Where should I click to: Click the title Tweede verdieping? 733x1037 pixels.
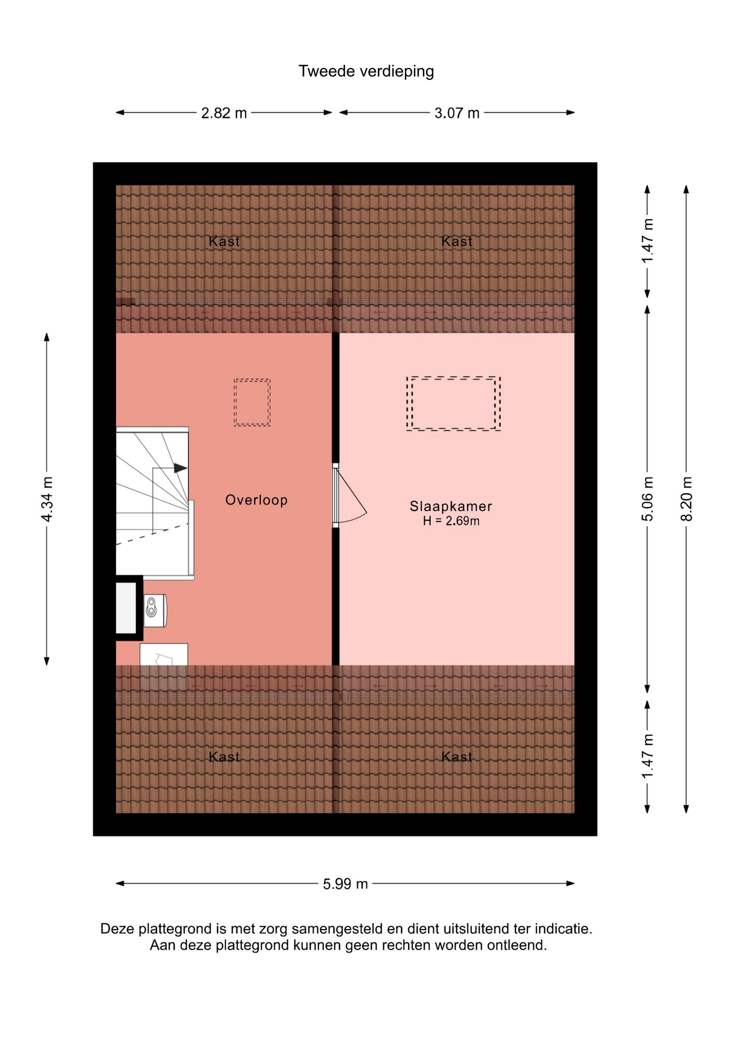pyautogui.click(x=366, y=71)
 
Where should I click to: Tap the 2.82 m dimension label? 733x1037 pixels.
pyautogui.click(x=224, y=113)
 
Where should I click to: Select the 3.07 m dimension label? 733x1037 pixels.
pyautogui.click(x=457, y=113)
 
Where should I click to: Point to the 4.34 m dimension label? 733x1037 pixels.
pyautogui.click(x=47, y=500)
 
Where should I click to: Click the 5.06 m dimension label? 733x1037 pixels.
pyautogui.click(x=648, y=499)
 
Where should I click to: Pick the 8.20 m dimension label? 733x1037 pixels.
pyautogui.click(x=687, y=499)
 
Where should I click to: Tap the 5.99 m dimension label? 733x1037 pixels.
pyautogui.click(x=345, y=884)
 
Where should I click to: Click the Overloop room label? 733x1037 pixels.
pyautogui.click(x=256, y=500)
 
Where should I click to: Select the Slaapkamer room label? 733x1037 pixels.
pyautogui.click(x=451, y=506)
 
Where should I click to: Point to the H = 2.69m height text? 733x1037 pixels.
pyautogui.click(x=451, y=521)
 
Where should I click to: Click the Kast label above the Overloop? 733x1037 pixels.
pyautogui.click(x=224, y=241)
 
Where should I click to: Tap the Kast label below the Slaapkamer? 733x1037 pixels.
pyautogui.click(x=457, y=757)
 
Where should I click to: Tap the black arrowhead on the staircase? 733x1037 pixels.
pyautogui.click(x=180, y=468)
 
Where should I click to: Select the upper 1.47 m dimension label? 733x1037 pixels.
pyautogui.click(x=648, y=241)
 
